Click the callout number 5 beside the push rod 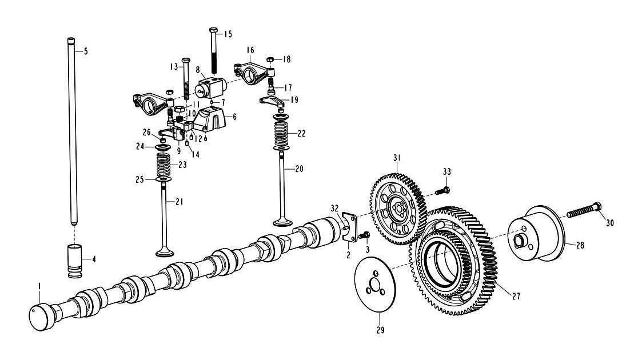pyautogui.click(x=85, y=51)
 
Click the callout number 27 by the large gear pyautogui.click(x=516, y=297)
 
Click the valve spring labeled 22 pyautogui.click(x=282, y=135)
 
